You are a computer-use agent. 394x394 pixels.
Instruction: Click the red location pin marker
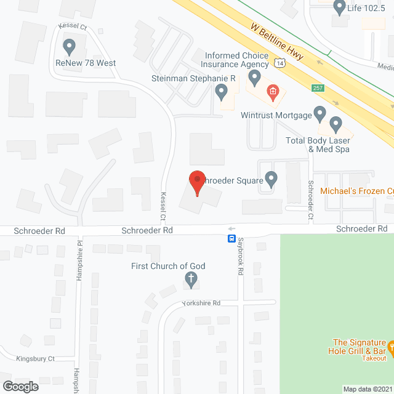pos(196,182)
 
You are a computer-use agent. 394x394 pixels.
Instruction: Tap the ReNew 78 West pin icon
pos(69,46)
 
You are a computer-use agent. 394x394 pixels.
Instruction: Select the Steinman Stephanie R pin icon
pos(222,93)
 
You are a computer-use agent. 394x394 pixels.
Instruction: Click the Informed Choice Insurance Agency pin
pos(254,78)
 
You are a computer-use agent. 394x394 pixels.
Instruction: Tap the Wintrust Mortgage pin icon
pos(320,113)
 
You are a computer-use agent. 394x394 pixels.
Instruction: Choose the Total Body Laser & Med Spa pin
pos(336,125)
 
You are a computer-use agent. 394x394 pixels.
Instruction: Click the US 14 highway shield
pos(280,63)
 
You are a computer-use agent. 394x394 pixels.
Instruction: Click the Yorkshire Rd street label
pos(201,304)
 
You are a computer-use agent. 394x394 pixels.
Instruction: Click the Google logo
pos(20,386)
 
